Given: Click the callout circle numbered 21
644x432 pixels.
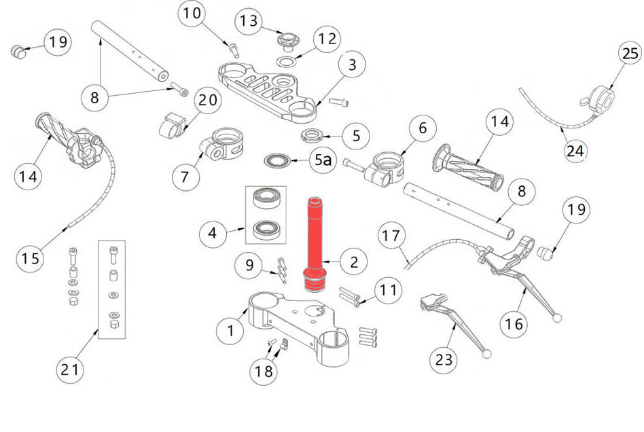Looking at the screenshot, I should pyautogui.click(x=71, y=370).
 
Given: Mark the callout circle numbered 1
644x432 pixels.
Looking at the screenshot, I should pyautogui.click(x=231, y=330).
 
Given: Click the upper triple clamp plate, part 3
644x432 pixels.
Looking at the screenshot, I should pyautogui.click(x=268, y=88).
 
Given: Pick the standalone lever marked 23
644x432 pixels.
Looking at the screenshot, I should pyautogui.click(x=452, y=319).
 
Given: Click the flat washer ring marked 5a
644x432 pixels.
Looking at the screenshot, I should pyautogui.click(x=277, y=161).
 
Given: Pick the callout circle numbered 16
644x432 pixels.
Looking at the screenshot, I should pyautogui.click(x=516, y=324).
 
